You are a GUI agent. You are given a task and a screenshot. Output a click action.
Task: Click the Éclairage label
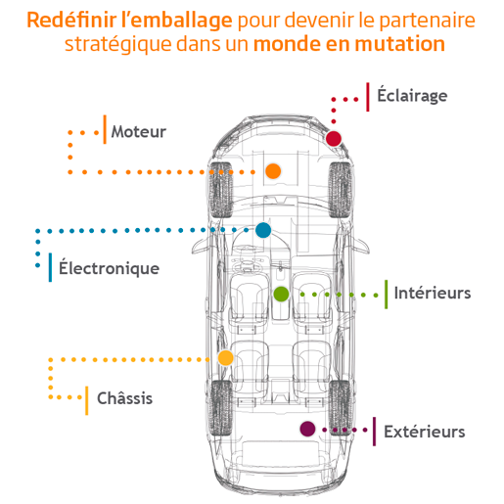click(x=412, y=95)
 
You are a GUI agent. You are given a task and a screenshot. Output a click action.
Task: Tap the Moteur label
click(x=139, y=132)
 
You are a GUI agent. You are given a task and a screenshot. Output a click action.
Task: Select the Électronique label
click(x=109, y=267)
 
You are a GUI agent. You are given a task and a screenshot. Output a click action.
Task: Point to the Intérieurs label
click(x=433, y=293)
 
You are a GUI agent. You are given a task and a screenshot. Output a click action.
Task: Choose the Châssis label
click(x=124, y=397)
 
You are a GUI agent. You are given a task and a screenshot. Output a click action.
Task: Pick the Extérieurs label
click(x=424, y=432)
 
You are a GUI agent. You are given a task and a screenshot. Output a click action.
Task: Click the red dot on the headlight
click(x=334, y=138)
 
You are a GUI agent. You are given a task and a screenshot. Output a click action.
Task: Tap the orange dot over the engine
click(x=273, y=171)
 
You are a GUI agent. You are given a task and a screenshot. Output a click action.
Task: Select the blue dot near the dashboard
click(x=263, y=230)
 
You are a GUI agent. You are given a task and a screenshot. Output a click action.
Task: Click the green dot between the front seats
click(x=281, y=295)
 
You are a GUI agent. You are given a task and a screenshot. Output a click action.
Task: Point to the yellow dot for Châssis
click(x=225, y=358)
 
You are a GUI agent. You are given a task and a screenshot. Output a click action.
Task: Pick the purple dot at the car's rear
click(x=307, y=429)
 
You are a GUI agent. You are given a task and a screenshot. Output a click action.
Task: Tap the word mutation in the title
click(x=399, y=44)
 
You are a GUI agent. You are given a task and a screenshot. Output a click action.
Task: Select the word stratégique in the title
click(x=118, y=44)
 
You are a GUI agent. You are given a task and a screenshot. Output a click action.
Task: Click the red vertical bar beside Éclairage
click(x=368, y=97)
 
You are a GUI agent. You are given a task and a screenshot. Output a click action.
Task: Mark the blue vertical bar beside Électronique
click(x=50, y=267)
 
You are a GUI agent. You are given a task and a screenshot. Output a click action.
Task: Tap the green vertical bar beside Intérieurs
click(x=387, y=294)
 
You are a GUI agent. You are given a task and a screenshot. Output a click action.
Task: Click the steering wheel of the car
click(x=249, y=263)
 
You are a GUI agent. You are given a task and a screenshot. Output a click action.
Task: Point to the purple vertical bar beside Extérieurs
click(x=374, y=432)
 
